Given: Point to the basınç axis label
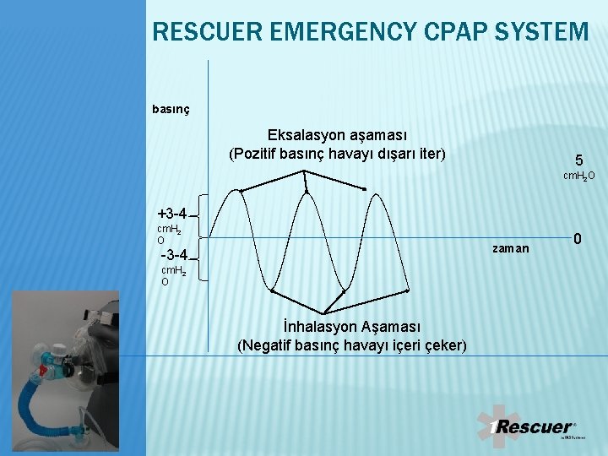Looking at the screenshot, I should [x=171, y=109].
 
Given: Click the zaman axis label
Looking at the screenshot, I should [x=511, y=248].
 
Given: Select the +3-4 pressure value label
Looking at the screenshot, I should [x=171, y=214].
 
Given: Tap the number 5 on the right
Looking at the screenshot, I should [x=578, y=160].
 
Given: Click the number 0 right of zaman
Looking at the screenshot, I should [x=578, y=240].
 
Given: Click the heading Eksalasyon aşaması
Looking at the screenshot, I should [x=337, y=135].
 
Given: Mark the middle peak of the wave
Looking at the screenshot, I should [x=307, y=192].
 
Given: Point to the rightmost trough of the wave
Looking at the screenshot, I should [x=407, y=290].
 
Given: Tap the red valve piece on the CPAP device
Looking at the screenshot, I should [x=41, y=369].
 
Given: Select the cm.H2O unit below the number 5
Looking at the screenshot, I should [x=579, y=176].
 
